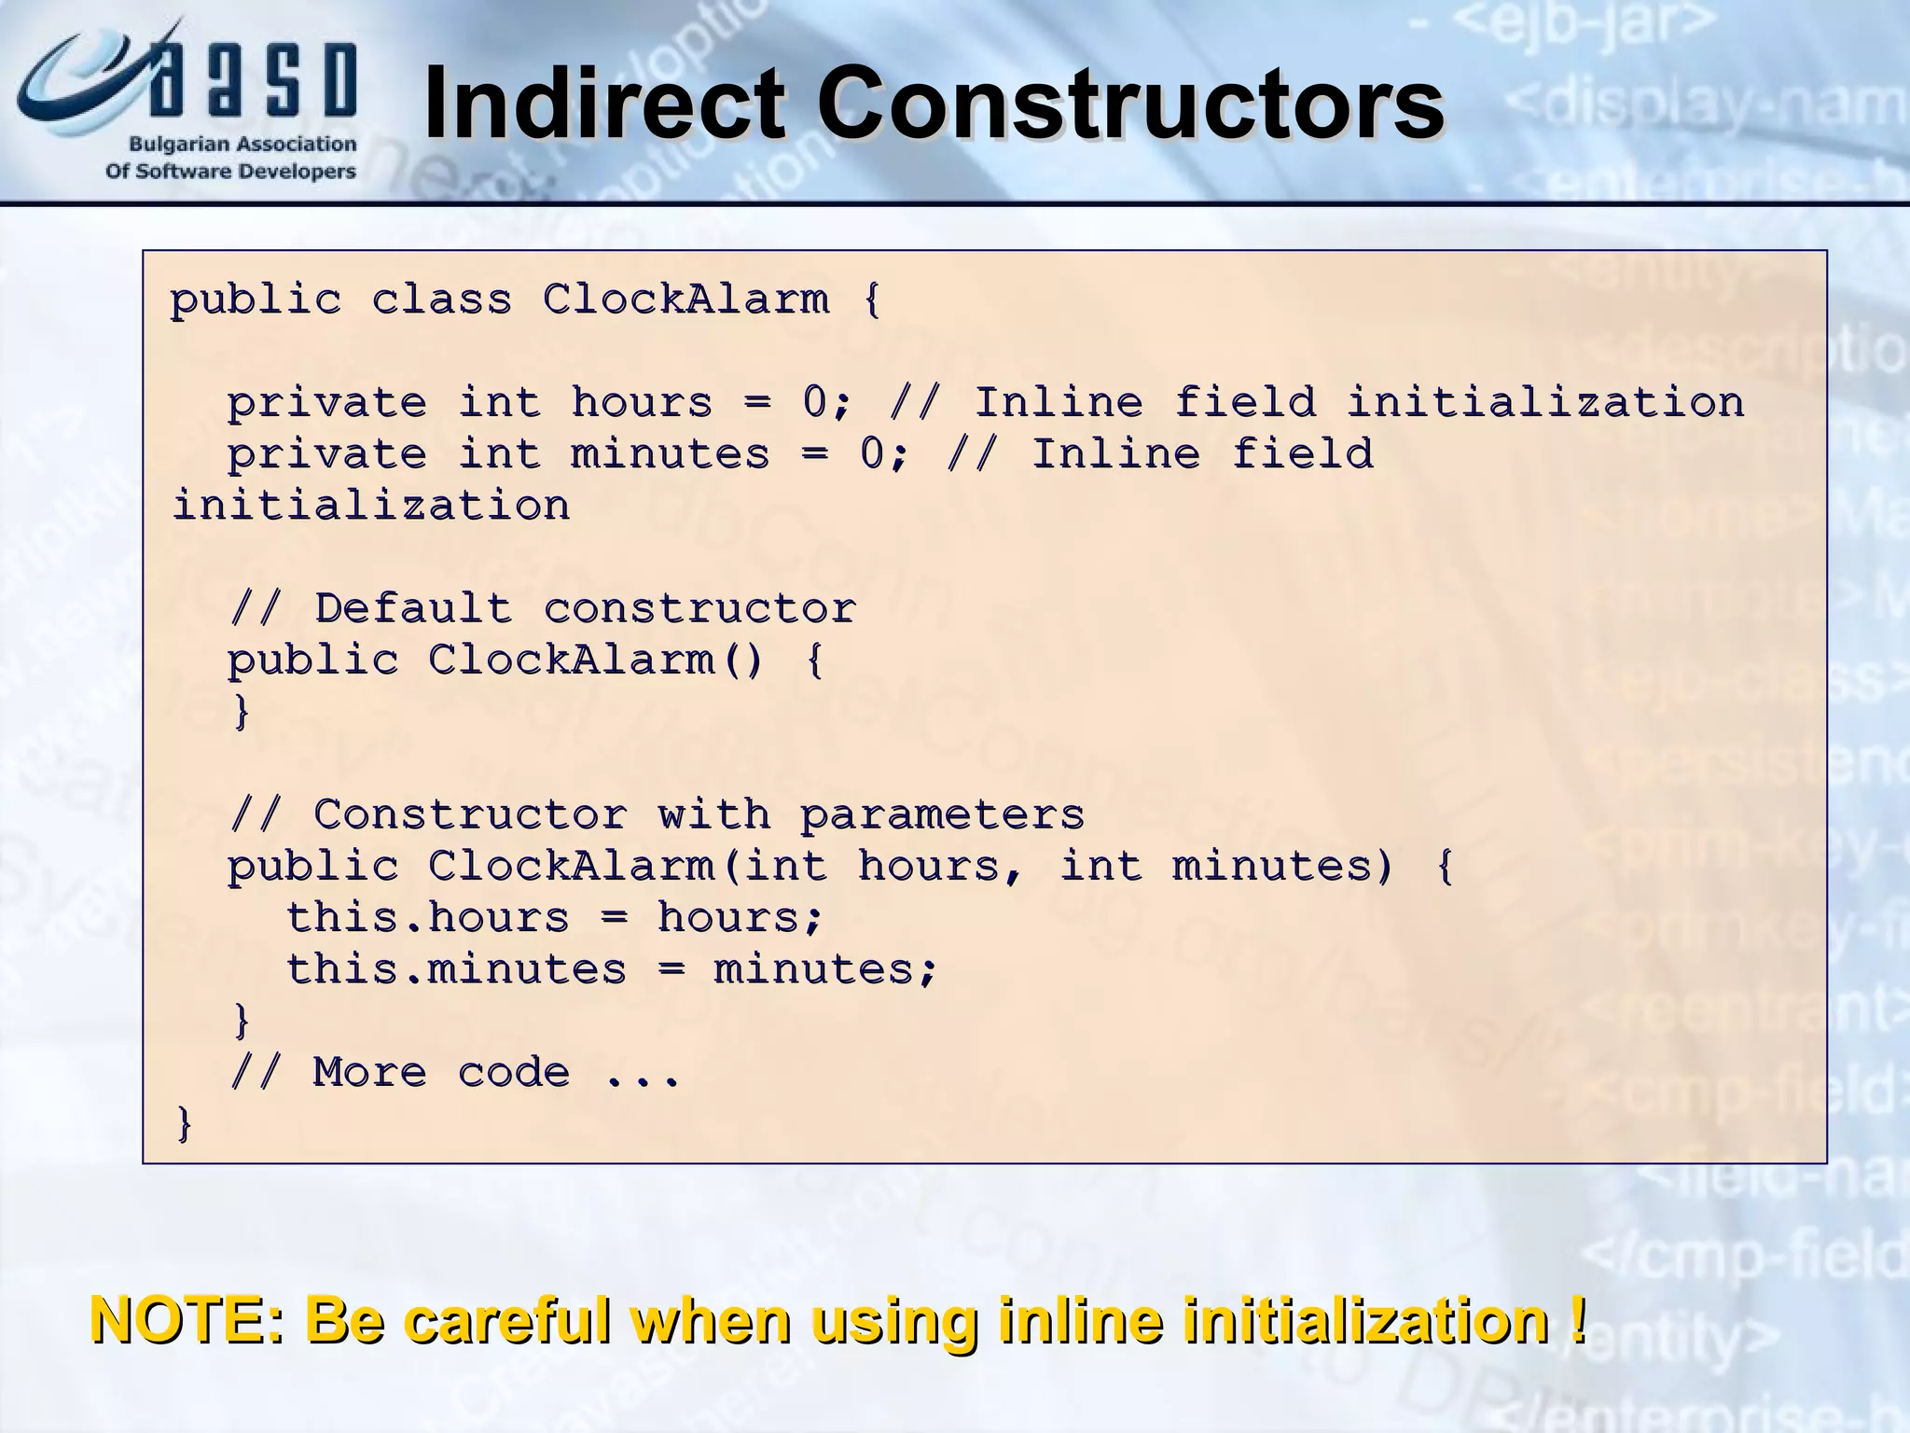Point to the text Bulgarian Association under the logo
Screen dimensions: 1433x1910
(x=242, y=145)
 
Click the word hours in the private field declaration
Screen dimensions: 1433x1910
(x=642, y=403)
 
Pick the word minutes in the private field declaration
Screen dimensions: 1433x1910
(x=670, y=454)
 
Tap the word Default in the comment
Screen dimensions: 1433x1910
(x=413, y=609)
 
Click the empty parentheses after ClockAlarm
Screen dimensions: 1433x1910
(x=742, y=661)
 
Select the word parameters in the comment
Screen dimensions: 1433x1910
(x=942, y=815)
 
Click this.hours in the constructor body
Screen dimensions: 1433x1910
(x=427, y=918)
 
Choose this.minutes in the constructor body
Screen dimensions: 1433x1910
(x=456, y=969)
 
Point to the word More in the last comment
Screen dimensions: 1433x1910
(x=369, y=1073)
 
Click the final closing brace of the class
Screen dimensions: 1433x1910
(x=184, y=1123)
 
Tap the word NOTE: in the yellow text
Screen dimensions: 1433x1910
(x=186, y=1321)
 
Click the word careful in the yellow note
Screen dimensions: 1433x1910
(x=503, y=1321)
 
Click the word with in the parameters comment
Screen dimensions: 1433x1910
(x=713, y=815)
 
